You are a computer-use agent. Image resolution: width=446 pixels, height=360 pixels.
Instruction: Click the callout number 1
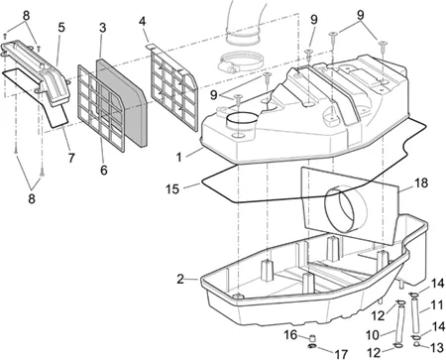click(x=178, y=157)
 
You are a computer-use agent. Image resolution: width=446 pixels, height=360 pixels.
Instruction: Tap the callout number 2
click(x=180, y=279)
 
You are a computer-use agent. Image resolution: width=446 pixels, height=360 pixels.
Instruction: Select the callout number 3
click(x=103, y=28)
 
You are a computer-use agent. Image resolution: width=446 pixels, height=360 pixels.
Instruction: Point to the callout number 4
click(x=142, y=22)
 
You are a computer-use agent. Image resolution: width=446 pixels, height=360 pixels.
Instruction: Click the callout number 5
click(x=61, y=28)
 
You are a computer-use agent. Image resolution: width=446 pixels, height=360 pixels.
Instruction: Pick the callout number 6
click(x=104, y=170)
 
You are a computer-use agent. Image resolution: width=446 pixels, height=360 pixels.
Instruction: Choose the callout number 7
click(x=71, y=158)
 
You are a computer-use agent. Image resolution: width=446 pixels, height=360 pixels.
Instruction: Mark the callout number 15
click(x=172, y=189)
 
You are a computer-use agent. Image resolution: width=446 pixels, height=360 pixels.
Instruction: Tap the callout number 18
click(x=421, y=182)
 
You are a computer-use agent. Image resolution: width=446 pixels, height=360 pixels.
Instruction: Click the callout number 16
click(x=290, y=335)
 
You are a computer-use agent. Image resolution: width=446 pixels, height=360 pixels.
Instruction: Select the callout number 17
click(x=341, y=354)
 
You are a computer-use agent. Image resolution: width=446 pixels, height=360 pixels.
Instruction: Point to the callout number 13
click(x=437, y=347)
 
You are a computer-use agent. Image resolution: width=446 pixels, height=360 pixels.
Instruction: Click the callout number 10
click(x=373, y=335)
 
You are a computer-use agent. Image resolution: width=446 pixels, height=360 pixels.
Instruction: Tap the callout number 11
click(x=436, y=305)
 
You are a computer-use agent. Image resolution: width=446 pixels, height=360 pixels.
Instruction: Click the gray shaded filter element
click(x=122, y=102)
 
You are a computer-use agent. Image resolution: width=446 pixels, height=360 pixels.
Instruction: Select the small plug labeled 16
click(x=312, y=338)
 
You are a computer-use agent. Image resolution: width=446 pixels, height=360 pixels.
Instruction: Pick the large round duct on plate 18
click(x=346, y=209)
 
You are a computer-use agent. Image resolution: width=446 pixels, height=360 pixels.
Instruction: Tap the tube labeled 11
click(x=415, y=315)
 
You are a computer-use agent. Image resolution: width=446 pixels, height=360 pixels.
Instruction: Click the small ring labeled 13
click(x=417, y=345)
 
